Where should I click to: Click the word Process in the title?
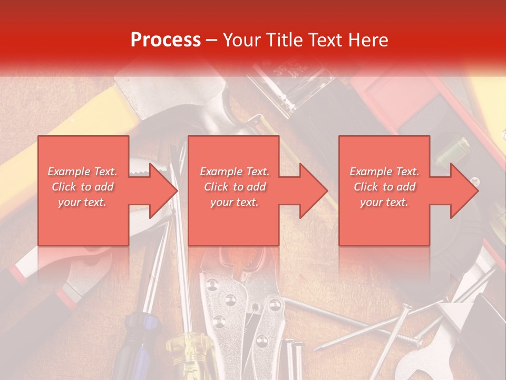166,40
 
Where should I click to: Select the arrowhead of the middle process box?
313,191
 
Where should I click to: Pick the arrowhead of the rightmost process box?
464,191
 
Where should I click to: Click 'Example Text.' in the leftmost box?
82,172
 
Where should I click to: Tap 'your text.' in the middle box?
234,202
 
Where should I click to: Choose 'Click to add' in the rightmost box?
384,187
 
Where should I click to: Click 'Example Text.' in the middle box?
234,172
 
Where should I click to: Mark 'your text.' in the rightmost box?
384,202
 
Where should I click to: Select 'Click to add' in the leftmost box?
82,187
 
